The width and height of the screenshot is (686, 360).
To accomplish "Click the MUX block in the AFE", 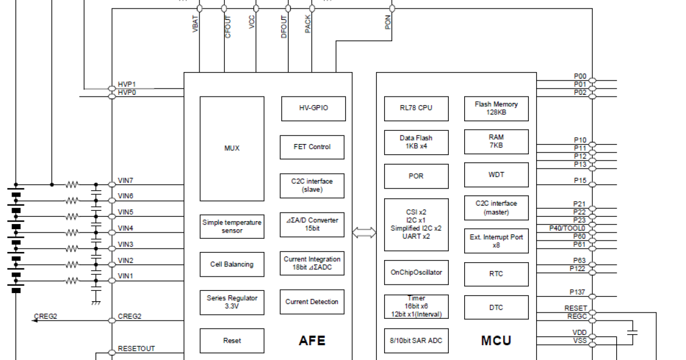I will pos(232,149).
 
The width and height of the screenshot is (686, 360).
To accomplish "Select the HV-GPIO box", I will pos(313,109).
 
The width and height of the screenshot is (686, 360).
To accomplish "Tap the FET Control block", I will pos(312,147).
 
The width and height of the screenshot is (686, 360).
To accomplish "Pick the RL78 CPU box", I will pos(416,109).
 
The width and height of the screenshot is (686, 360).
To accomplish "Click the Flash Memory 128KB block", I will pos(496,109).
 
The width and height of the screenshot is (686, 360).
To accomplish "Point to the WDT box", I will pos(496,175).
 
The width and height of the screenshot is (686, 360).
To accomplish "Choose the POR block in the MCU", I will pos(416,176).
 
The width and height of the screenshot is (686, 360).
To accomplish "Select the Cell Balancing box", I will pos(232,265).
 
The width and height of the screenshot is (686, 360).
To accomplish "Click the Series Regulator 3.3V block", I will pos(232,302).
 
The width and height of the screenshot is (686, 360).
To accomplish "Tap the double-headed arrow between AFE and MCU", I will pos(364,232).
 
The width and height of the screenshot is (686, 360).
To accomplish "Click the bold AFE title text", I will pos(312,341).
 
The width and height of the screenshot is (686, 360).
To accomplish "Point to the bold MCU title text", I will pos(496,341).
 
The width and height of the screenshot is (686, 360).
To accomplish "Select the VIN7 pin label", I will pos(126,181).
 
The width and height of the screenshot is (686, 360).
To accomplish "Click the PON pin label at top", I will pos(389,23).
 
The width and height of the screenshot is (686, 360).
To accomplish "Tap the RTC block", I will pos(496,274).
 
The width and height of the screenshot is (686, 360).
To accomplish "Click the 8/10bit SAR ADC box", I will pos(416,341).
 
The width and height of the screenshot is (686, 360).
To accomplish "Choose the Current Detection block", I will pos(312,302).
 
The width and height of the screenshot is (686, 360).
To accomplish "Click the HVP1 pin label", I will pos(127,84).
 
